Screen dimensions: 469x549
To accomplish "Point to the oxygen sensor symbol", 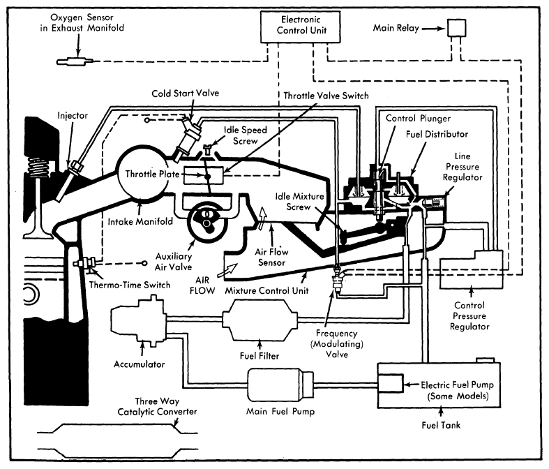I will click(x=73, y=61).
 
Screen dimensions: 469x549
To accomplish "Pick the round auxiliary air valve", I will click(x=209, y=221).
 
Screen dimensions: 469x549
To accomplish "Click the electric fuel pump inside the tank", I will click(x=390, y=384).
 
